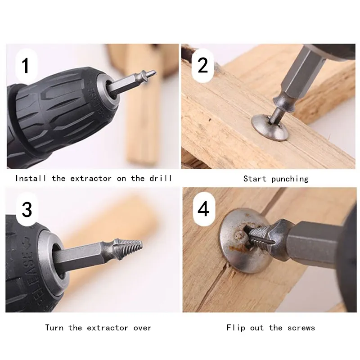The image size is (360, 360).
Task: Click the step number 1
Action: point(25,65)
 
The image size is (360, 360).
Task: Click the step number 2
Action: point(202,65)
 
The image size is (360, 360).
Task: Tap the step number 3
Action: point(27,209)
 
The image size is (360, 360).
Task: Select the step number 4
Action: point(203,209)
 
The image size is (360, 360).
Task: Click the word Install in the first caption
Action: point(31,178)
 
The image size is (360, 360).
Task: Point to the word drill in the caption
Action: point(161,178)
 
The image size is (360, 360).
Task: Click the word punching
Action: point(290,179)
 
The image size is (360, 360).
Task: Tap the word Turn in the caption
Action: point(54,328)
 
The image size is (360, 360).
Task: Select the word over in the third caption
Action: point(142,328)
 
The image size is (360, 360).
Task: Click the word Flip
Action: point(235,328)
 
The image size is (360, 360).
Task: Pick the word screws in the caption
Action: point(301,328)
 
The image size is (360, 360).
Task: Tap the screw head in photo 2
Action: point(270,127)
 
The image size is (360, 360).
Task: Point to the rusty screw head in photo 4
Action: point(243,241)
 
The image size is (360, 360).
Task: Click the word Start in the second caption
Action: point(255,179)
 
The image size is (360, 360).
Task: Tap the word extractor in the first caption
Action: point(91,179)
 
